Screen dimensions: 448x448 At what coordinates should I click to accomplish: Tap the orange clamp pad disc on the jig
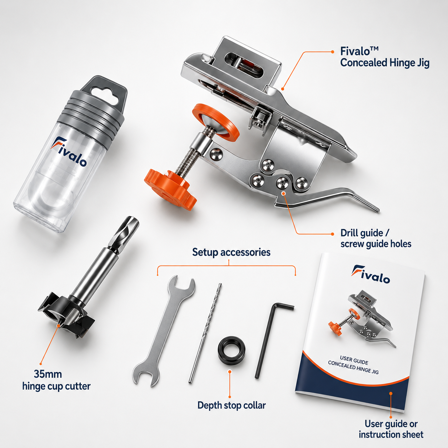tap(216, 122)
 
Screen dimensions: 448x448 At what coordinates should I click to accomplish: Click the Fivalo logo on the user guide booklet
tap(370, 274)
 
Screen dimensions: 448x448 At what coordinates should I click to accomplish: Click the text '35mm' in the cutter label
tap(48, 374)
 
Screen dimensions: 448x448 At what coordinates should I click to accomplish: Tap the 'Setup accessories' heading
tap(231, 252)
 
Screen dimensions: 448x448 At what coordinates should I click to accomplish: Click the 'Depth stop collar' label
tap(232, 405)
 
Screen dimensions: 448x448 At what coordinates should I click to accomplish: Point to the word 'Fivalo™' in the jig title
tap(359, 51)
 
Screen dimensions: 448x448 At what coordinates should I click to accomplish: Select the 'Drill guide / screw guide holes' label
tap(376, 238)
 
